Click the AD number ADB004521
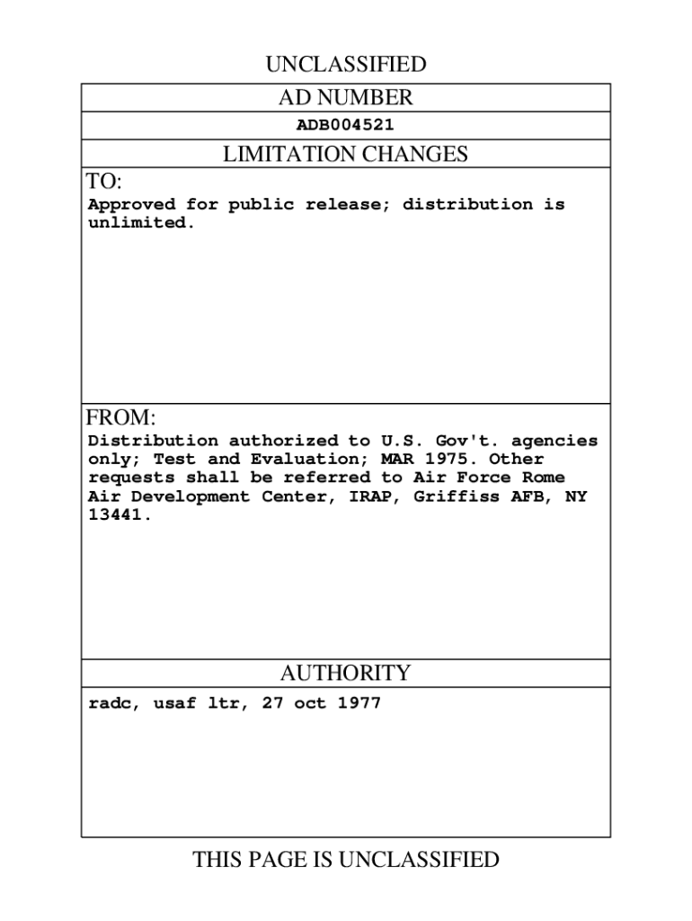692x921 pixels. pos(345,126)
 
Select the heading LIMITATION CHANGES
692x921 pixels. pos(345,155)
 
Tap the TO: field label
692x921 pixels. pos(103,182)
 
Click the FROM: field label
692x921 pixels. pos(121,418)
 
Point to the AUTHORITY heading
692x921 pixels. pos(345,674)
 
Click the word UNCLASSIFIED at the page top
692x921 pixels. pos(345,65)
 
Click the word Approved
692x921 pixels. pos(131,204)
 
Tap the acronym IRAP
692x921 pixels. pos(372,496)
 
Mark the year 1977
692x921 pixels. pos(359,703)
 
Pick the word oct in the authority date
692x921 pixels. pos(309,703)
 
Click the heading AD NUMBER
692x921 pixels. pos(345,98)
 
